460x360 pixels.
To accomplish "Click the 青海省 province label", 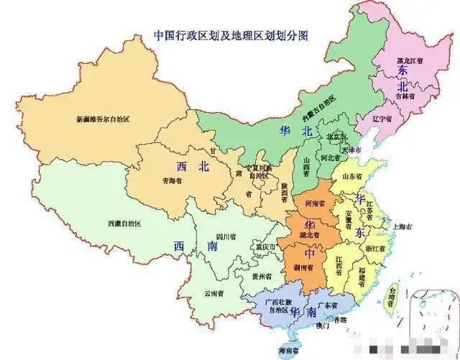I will pyautogui.click(x=172, y=181).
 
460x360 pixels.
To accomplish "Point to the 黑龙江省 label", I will pyautogui.click(x=412, y=62).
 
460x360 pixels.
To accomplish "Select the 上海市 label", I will pyautogui.click(x=402, y=226).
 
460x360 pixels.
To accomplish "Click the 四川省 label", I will pyautogui.click(x=226, y=236).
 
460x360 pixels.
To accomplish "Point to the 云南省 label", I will pyautogui.click(x=213, y=293).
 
